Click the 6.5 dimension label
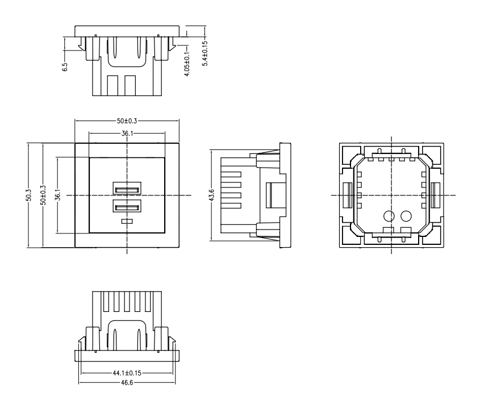click(x=65, y=67)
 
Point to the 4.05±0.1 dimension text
click(x=187, y=64)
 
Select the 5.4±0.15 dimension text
click(x=205, y=53)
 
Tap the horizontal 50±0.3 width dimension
click(x=127, y=121)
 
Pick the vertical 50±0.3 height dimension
click(x=43, y=195)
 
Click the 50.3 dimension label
click(x=28, y=195)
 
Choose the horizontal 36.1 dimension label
click(x=127, y=134)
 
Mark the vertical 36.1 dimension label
click(x=57, y=195)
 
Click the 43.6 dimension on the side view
click(x=211, y=195)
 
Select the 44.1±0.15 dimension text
click(x=127, y=373)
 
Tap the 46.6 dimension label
click(x=127, y=383)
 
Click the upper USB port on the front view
click(x=127, y=188)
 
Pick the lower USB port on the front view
click(x=127, y=206)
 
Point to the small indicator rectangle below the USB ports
click(x=127, y=221)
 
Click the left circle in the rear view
click(x=389, y=216)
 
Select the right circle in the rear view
click(x=406, y=216)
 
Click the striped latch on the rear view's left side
click(x=347, y=195)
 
